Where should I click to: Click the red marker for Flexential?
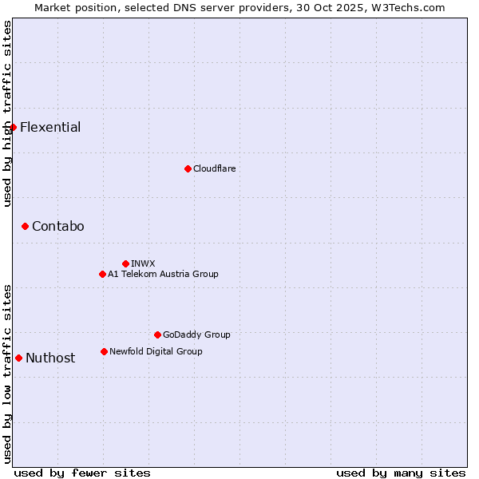13,128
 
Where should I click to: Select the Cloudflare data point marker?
188,168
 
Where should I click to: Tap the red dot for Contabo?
25,227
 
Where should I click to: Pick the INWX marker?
125,263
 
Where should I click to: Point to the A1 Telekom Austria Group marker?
102,274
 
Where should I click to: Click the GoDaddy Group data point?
157,335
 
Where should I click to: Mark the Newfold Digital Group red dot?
104,351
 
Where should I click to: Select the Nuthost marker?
18,358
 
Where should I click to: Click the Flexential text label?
50,128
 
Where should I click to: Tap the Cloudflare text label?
214,168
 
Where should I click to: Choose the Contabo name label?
57,227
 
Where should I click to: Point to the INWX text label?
143,263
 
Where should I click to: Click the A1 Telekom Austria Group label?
163,274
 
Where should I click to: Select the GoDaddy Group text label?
196,335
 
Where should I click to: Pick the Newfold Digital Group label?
156,351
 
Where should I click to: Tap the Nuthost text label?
50,358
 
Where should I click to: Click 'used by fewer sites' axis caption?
82,473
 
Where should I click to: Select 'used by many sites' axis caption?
401,473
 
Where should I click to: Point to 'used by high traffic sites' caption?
7,113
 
